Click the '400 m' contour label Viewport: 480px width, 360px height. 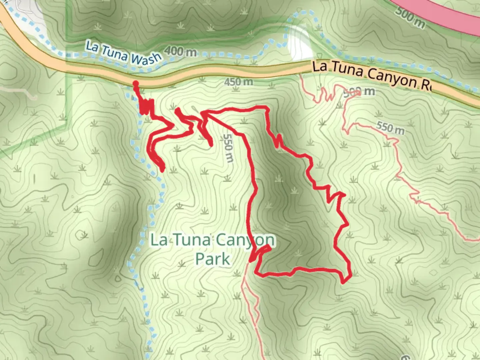[x=180, y=51]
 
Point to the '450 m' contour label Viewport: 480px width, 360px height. [x=238, y=81]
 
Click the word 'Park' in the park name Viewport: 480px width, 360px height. [x=213, y=259]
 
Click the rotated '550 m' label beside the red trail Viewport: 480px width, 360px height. [x=228, y=148]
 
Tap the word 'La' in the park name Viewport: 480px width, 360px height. [x=159, y=240]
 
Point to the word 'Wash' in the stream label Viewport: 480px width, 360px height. [x=146, y=59]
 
